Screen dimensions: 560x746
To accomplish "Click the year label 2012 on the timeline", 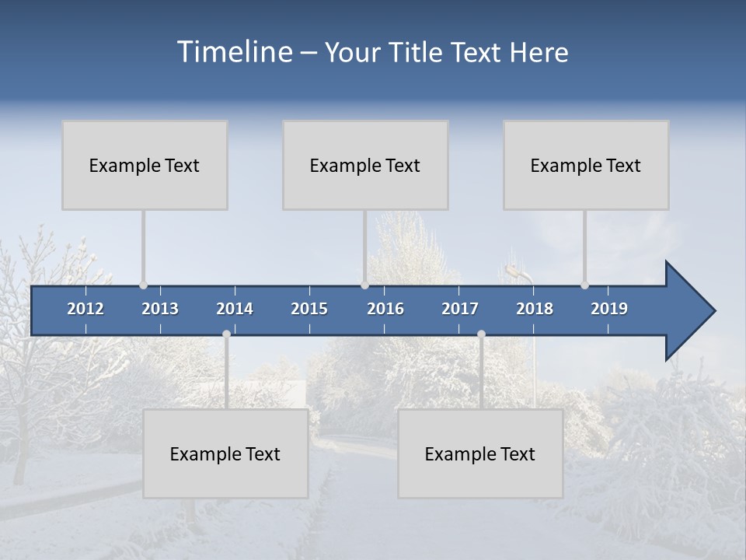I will (x=85, y=309).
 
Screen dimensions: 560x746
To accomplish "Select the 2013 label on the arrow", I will (x=160, y=309).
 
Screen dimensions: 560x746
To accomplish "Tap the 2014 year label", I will (x=235, y=309).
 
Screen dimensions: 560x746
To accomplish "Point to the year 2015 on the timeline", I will (x=309, y=309).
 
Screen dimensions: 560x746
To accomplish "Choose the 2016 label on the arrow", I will (x=385, y=309).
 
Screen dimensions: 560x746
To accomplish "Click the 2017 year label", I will (x=460, y=309).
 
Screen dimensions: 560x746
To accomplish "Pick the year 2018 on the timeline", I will (x=535, y=309).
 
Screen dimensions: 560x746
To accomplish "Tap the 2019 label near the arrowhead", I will (x=609, y=309).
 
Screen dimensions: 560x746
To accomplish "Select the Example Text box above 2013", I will (x=145, y=165).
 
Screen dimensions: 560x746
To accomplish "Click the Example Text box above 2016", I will (x=365, y=165).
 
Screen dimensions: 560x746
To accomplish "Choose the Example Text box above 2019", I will (x=586, y=165).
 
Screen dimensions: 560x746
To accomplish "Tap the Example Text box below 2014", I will (x=225, y=453).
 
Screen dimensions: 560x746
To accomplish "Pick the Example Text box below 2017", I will (x=480, y=453).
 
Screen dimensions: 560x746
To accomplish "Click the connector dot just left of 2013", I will (x=144, y=285).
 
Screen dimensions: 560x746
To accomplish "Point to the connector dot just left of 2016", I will (x=364, y=285).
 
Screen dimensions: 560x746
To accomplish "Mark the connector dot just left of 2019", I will (x=584, y=285).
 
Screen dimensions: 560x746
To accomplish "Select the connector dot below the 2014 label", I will (x=226, y=334).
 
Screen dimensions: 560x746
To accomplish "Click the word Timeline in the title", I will (x=234, y=52).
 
